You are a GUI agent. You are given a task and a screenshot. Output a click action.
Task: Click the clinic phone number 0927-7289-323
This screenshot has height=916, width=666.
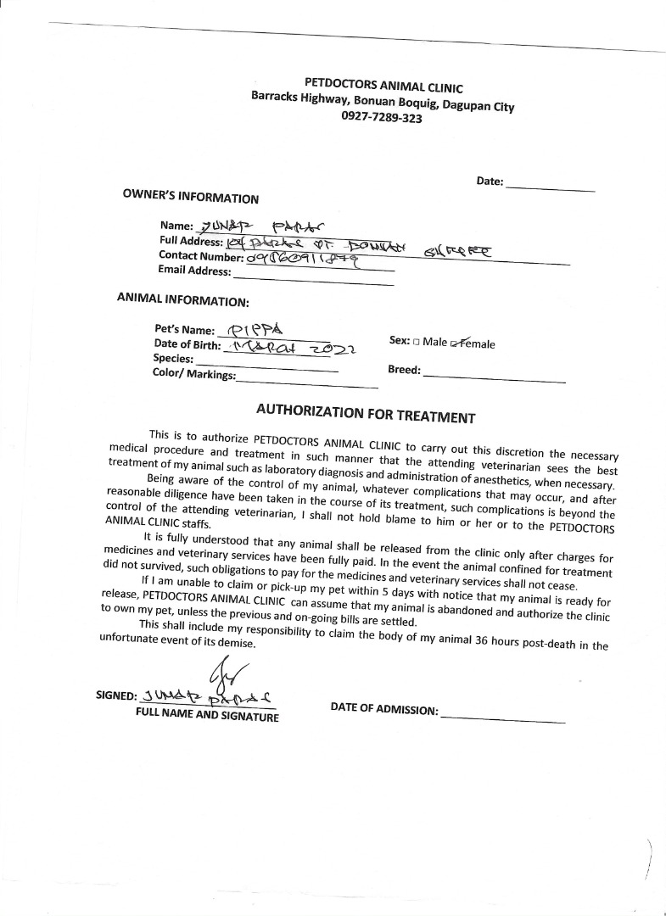[x=382, y=119]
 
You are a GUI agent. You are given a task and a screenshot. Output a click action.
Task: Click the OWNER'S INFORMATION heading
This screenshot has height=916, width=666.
[x=191, y=197]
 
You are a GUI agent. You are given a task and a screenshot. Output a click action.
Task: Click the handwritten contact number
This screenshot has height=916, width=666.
[x=301, y=258]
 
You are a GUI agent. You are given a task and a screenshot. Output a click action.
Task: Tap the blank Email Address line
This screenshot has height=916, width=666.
[x=313, y=276]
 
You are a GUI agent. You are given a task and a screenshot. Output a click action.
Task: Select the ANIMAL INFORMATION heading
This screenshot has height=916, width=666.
[x=182, y=299]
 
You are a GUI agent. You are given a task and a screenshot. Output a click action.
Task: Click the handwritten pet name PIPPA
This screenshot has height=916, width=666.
[x=255, y=329]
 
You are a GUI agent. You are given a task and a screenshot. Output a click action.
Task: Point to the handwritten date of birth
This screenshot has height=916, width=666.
[x=288, y=348]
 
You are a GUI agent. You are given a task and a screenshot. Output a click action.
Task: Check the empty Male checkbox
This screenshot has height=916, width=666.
[x=416, y=343]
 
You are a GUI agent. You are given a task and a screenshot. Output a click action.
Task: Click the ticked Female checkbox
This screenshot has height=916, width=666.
[x=456, y=343]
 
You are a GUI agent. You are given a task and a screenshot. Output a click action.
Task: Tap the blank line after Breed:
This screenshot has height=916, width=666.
[x=494, y=375]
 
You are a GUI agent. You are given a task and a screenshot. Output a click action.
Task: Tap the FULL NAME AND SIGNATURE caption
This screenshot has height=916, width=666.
[x=207, y=717]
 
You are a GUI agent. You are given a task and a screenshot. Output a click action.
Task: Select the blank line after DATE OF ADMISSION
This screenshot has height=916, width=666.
[x=502, y=717]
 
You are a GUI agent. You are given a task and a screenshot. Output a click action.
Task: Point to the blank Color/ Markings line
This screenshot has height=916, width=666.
[x=307, y=382]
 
